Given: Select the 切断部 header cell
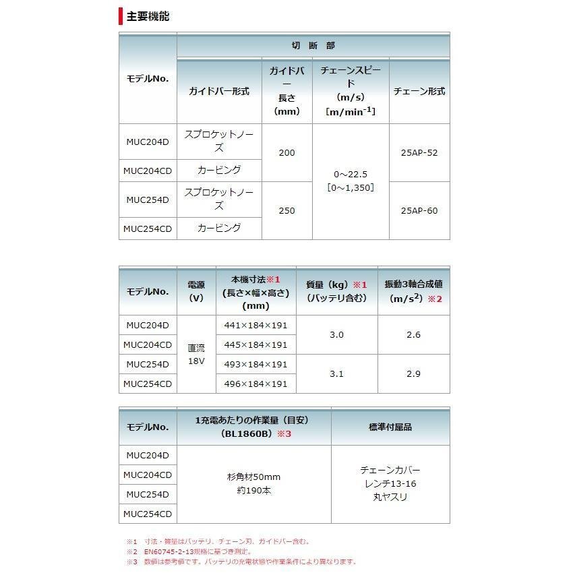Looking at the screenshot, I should point(313,46).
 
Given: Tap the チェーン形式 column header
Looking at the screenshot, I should point(419,91).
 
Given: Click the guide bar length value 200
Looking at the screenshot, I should point(286,153).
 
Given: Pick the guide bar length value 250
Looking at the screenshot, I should point(286,210).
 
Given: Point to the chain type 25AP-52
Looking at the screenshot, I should point(419,153).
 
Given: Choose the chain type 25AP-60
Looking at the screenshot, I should point(419,210).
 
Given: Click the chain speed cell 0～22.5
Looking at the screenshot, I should point(350,174).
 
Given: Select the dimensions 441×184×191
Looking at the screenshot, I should point(255,325).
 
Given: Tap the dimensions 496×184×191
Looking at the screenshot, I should point(255,384).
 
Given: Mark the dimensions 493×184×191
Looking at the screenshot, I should point(255,364).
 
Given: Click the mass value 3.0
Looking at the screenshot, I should point(336,335).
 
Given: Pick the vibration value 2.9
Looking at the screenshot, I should point(413,373).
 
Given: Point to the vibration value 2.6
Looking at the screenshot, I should point(413,335).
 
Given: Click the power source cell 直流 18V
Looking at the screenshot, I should point(195,354).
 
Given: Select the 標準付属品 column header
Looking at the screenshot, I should point(390,427).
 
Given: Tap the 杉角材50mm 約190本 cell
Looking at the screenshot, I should point(253,484).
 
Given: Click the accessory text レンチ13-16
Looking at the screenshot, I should point(390,483).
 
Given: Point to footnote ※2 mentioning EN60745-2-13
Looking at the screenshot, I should point(216,551).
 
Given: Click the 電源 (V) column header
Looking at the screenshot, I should point(195,291).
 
